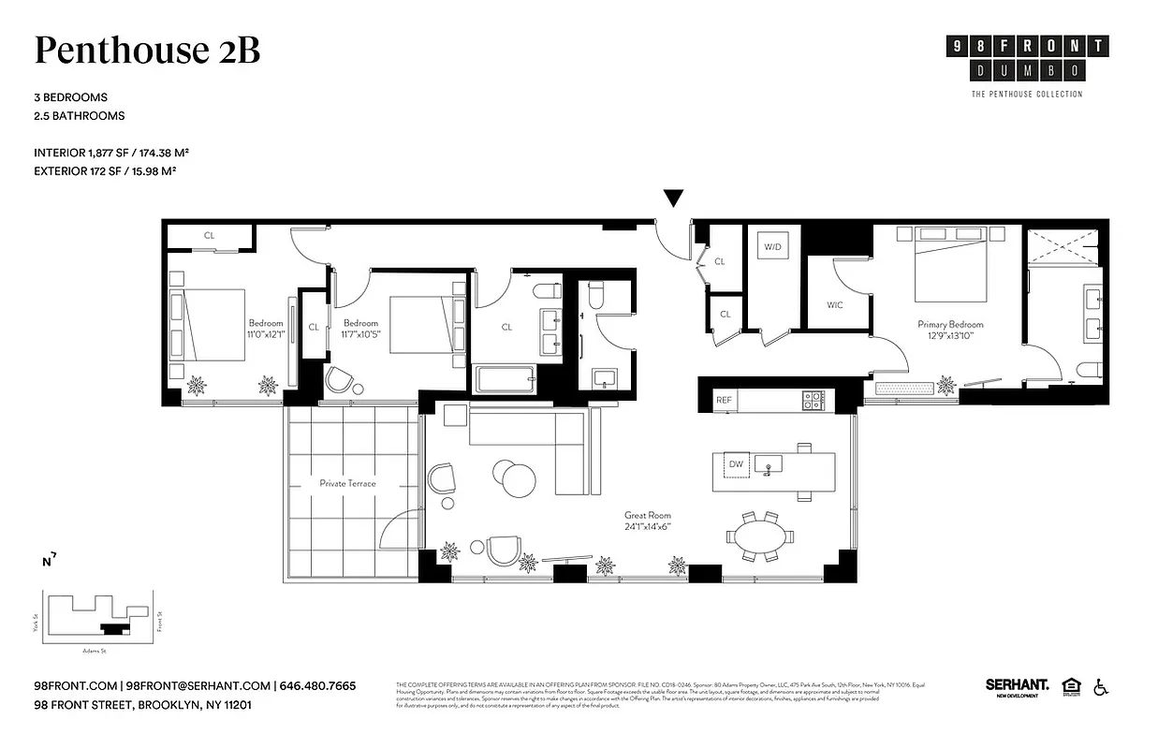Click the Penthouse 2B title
tap(147, 51)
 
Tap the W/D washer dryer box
tap(772, 247)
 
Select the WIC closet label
tap(835, 304)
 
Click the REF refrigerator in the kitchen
tap(724, 400)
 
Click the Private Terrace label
tap(347, 483)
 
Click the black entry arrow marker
tap(673, 198)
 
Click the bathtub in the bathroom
tap(505, 380)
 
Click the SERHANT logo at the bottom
tap(1017, 686)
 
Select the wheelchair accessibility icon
tap(1101, 688)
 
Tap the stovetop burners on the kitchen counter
tap(812, 400)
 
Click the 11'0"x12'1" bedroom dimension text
tap(266, 334)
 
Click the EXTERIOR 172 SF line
tap(106, 171)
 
